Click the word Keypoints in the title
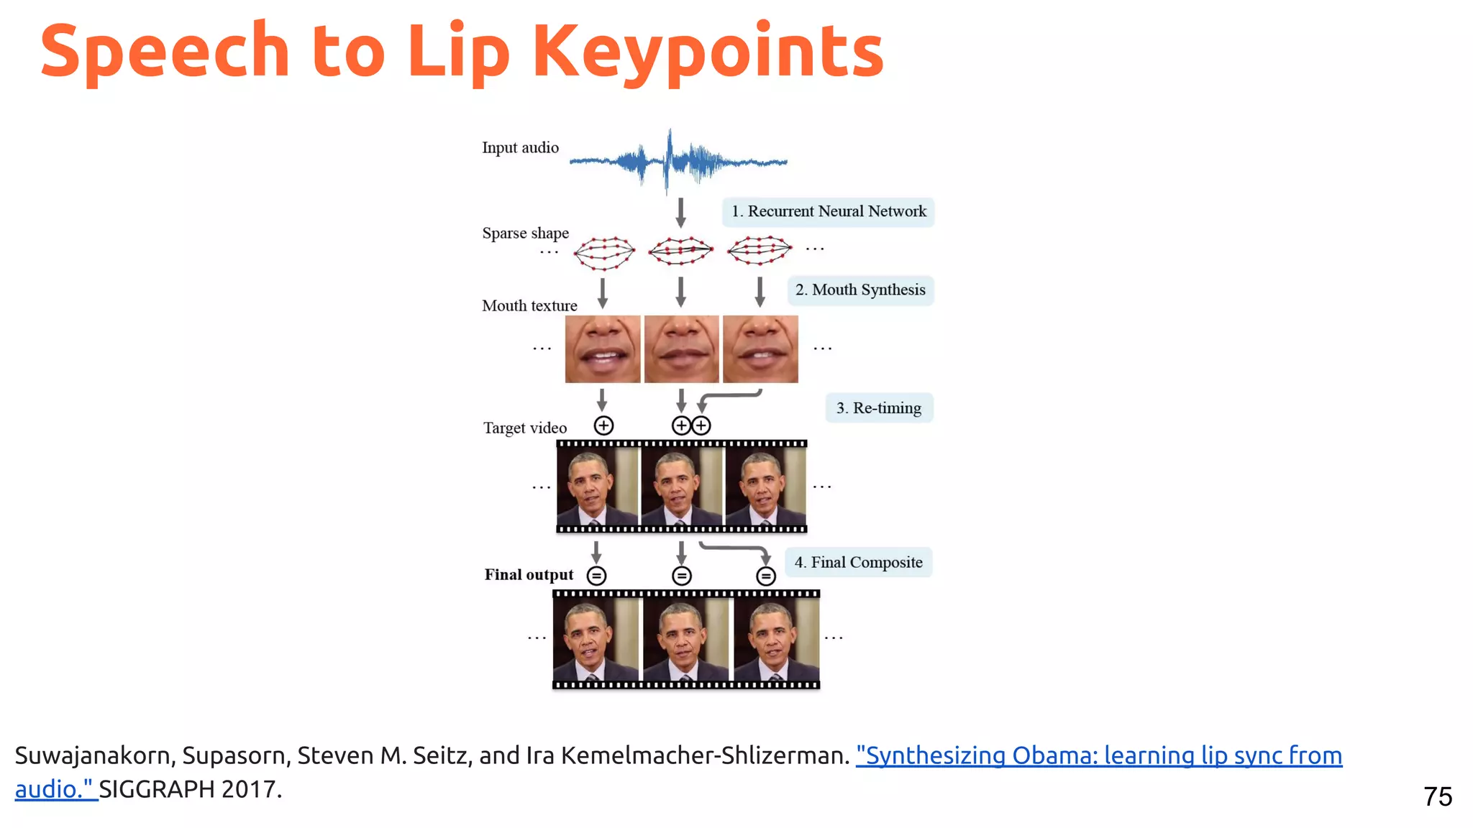708,52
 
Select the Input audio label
520,147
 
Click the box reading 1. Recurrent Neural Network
829,211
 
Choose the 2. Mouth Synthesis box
860,290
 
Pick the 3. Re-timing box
878,408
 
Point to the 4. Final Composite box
858,562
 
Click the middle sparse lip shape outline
680,250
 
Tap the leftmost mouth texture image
603,349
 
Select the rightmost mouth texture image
760,349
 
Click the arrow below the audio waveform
680,213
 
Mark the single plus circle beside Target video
603,425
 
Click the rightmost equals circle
766,576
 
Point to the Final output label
529,574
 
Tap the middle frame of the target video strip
681,487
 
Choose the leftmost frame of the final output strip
596,638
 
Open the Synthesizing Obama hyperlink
1098,755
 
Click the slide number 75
1437,796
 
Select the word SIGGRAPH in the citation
157,789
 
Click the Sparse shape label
525,233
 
